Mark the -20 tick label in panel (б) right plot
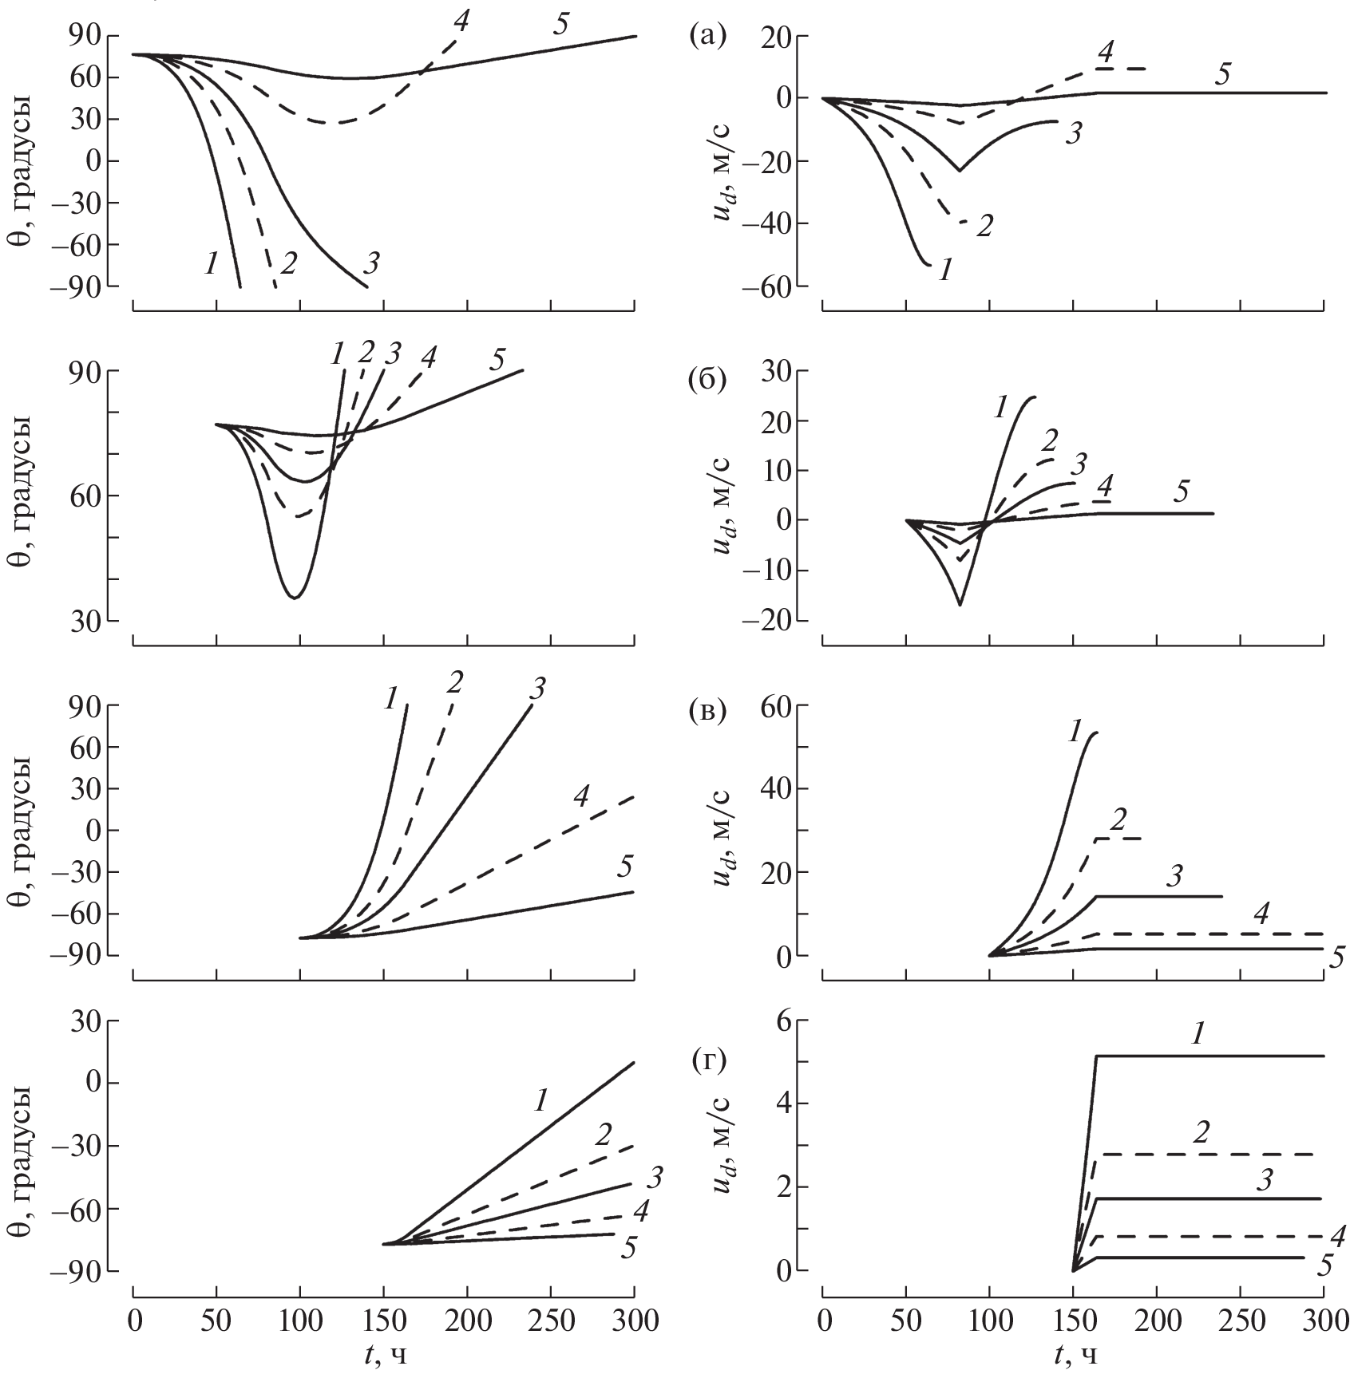(768, 621)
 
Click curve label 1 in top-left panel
(210, 263)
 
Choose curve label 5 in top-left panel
(560, 25)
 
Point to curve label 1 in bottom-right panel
(1198, 1036)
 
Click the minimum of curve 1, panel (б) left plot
(295, 597)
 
